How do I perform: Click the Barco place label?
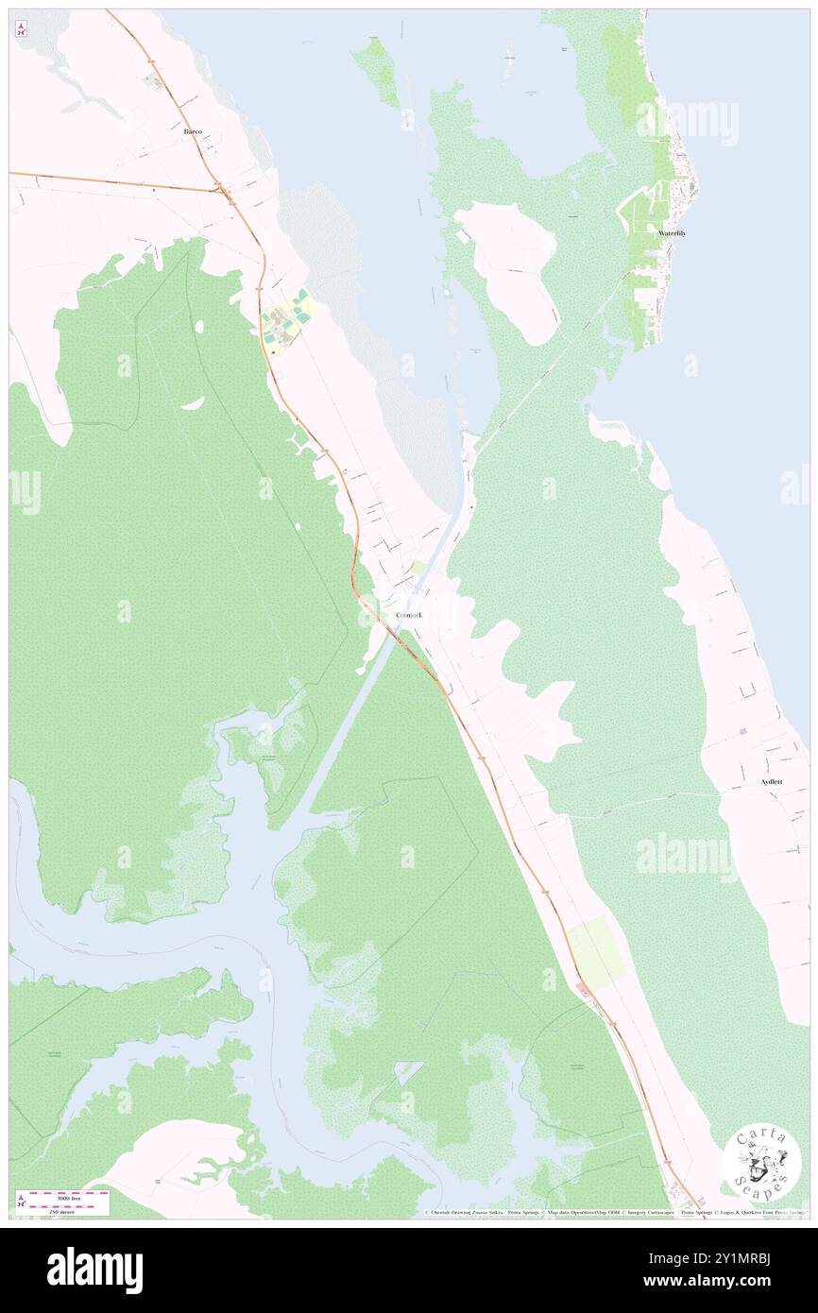pyautogui.click(x=193, y=132)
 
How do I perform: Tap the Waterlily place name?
pyautogui.click(x=672, y=232)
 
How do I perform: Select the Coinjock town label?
pyautogui.click(x=408, y=615)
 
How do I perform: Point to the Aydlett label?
pyautogui.click(x=771, y=782)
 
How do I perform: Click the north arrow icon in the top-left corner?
pyautogui.click(x=21, y=29)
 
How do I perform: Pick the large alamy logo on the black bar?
pyautogui.click(x=94, y=1270)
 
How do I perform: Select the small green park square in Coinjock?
pyautogui.click(x=418, y=568)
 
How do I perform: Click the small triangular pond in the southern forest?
pyautogui.click(x=408, y=1071)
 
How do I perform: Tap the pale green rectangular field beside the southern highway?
pyautogui.click(x=595, y=952)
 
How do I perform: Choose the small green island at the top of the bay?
pyautogui.click(x=379, y=71)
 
